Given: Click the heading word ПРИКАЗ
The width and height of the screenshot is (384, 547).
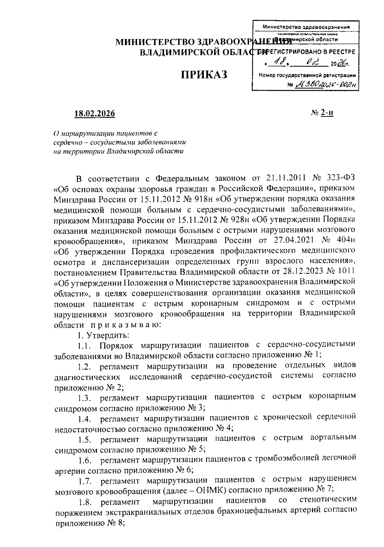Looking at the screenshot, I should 204,75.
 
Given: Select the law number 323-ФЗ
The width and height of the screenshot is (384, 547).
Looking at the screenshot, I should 341,178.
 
